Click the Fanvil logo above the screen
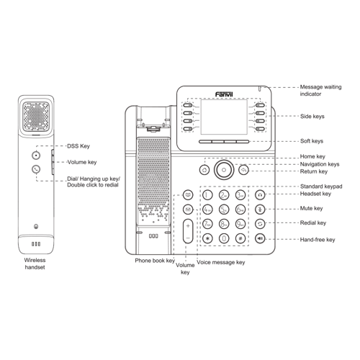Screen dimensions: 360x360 pos(225,94)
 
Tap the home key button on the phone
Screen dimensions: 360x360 pos(204,170)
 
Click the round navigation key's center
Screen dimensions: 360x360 pos(224,171)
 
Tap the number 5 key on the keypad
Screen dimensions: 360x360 pos(223,210)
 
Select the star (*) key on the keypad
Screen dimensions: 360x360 pos(207,238)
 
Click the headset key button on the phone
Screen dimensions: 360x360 pos(260,194)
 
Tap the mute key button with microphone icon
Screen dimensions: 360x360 pos(260,209)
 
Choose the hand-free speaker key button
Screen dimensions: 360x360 pos(260,238)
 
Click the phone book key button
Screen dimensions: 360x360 pos(188,194)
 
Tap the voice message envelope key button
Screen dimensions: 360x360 pos(188,210)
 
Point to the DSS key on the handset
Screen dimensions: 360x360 pos(36,155)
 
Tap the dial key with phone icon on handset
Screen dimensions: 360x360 pos(36,170)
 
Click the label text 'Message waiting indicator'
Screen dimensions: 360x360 pos(320,90)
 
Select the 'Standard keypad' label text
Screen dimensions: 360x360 pos(321,186)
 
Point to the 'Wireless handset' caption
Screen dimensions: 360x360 pos(35,263)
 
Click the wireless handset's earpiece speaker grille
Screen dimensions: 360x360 pos(35,114)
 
